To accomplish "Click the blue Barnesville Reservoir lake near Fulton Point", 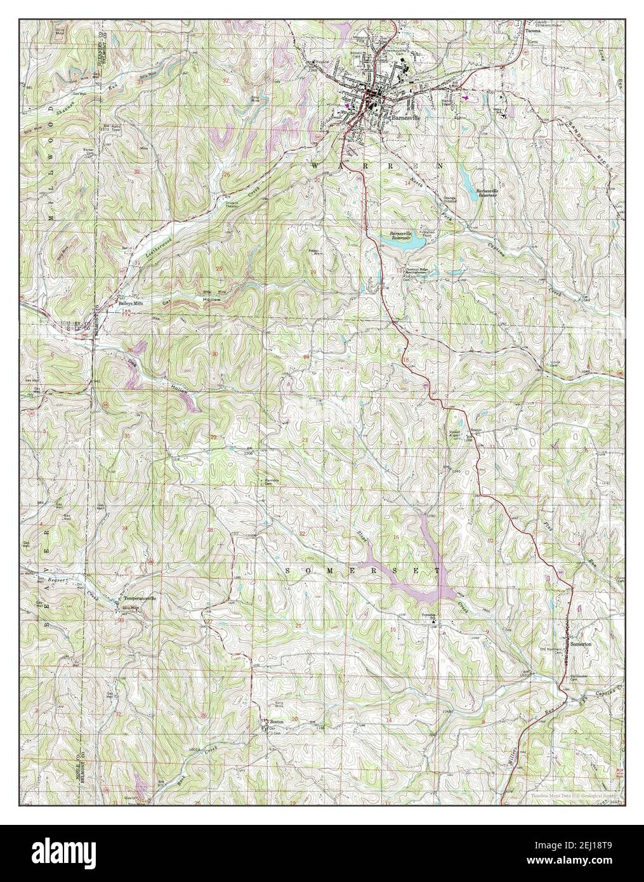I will pyautogui.click(x=406, y=240).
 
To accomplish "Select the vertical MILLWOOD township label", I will pyautogui.click(x=51, y=190).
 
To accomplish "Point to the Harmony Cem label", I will pyautogui.click(x=273, y=482).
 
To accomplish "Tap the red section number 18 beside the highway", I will pyautogui.click(x=406, y=361).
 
